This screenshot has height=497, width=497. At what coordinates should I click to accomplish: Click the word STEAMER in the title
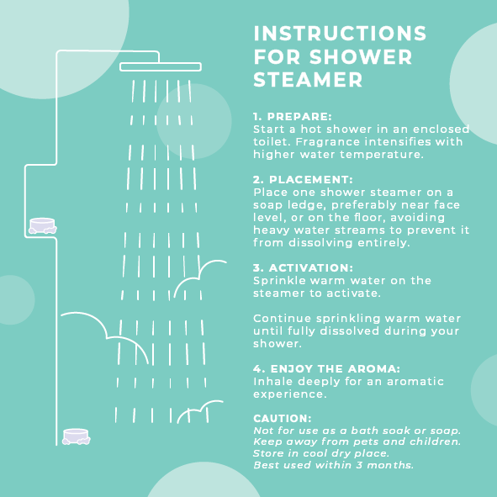coord(308,80)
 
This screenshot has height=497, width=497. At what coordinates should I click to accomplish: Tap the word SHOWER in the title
coord(361,56)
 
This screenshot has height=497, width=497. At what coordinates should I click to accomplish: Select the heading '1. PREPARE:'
coord(293,116)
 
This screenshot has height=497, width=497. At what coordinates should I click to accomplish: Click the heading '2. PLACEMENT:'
coord(303,179)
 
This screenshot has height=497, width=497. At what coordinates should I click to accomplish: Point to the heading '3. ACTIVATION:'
coord(303,267)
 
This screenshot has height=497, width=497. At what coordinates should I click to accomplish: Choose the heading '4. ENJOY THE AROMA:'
coord(326,368)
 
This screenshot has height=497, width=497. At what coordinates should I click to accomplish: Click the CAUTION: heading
coord(282,419)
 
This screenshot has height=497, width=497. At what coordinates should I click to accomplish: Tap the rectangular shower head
coord(161,67)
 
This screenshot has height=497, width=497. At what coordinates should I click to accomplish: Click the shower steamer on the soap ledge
coord(43,225)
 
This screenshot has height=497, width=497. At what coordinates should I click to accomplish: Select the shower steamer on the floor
coord(76,436)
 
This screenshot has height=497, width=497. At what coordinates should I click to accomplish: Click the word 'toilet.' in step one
coord(272,141)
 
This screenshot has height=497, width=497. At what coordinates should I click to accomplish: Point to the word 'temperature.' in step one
coord(382,155)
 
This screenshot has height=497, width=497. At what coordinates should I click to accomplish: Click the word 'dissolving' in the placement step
coord(320,243)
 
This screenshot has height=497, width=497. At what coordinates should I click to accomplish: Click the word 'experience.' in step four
coord(289,394)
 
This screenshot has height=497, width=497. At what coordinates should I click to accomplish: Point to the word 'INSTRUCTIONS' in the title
coord(340,34)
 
